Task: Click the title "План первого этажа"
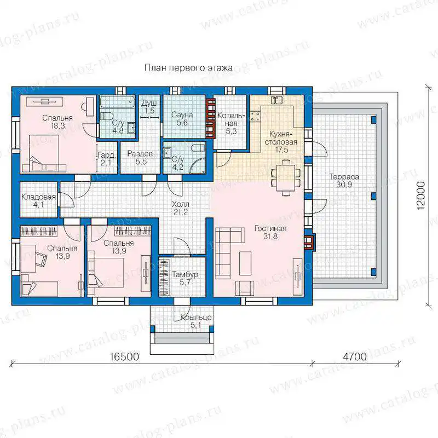[188, 68]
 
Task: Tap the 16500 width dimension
[124, 357]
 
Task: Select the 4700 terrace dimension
[355, 357]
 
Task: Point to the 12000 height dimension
[420, 195]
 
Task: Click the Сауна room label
[182, 119]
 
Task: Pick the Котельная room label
[231, 124]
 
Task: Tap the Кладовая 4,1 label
[38, 201]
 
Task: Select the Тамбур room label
[185, 278]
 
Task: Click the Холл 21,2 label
[181, 209]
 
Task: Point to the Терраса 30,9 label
[344, 181]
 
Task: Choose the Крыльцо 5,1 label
[196, 321]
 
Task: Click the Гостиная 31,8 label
[270, 232]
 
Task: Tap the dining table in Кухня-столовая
[286, 177]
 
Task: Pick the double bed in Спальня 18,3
[44, 153]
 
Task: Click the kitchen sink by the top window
[276, 100]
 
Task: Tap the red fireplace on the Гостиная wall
[309, 241]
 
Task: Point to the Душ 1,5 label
[149, 107]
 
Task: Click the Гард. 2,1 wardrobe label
[106, 159]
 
